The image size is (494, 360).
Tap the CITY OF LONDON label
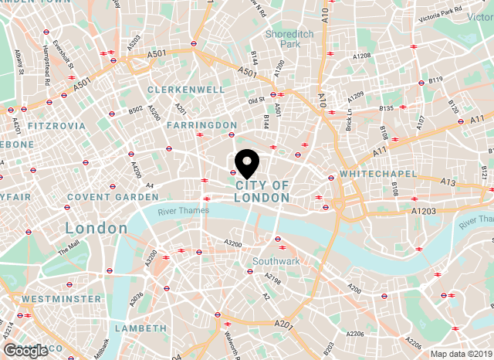click(262, 192)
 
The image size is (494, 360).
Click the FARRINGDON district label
click(201, 124)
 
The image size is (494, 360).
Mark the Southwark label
click(276, 262)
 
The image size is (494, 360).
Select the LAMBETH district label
click(140, 328)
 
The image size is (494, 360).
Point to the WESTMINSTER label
click(61, 298)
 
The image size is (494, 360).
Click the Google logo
click(25, 350)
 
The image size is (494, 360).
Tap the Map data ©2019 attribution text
click(460, 354)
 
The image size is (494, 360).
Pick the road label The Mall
click(69, 249)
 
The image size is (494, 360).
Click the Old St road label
click(256, 100)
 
